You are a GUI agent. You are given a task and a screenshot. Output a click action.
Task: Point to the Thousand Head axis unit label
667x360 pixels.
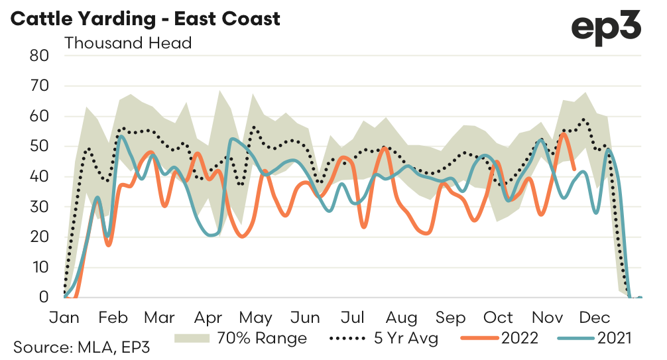128,44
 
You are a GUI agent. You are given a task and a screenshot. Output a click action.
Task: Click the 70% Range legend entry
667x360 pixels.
241,338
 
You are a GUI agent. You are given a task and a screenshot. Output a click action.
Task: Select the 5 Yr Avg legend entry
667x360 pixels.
385,338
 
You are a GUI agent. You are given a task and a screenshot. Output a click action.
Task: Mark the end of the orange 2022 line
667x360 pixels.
574,170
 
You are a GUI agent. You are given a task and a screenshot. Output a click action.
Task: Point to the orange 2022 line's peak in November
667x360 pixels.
563,134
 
